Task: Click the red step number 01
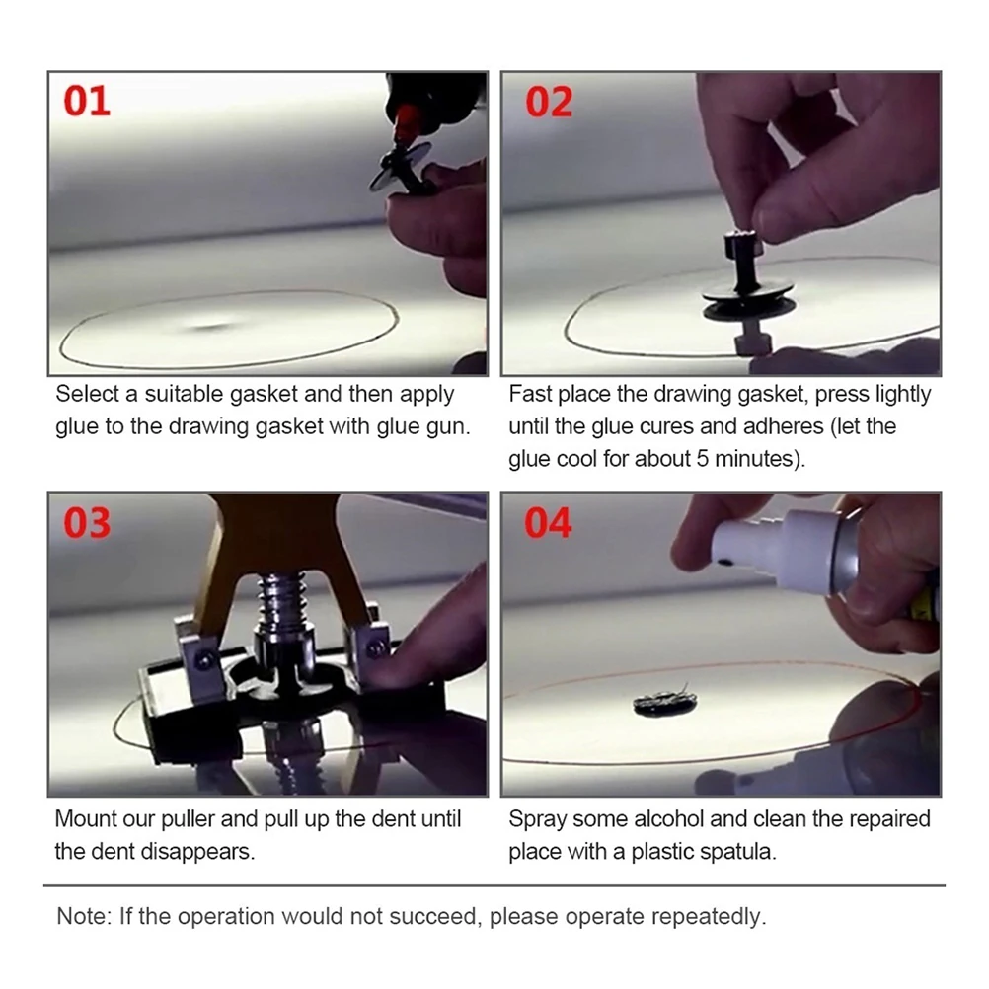[x=87, y=102]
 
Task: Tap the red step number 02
[x=549, y=103]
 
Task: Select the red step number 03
[x=87, y=523]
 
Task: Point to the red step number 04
[x=548, y=523]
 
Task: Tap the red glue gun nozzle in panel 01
[x=405, y=121]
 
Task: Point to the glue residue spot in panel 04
[x=665, y=702]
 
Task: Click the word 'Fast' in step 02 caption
[x=530, y=394]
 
